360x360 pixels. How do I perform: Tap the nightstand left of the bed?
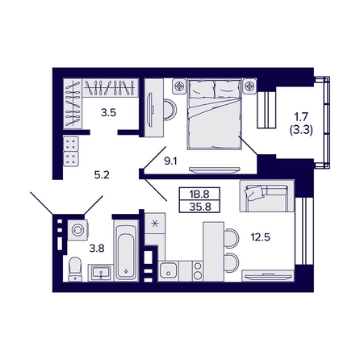tap(179, 83)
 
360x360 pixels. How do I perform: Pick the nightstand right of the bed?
tap(250, 83)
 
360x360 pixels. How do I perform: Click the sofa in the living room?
tap(266, 195)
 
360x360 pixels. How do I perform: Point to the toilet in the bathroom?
tap(73, 268)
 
